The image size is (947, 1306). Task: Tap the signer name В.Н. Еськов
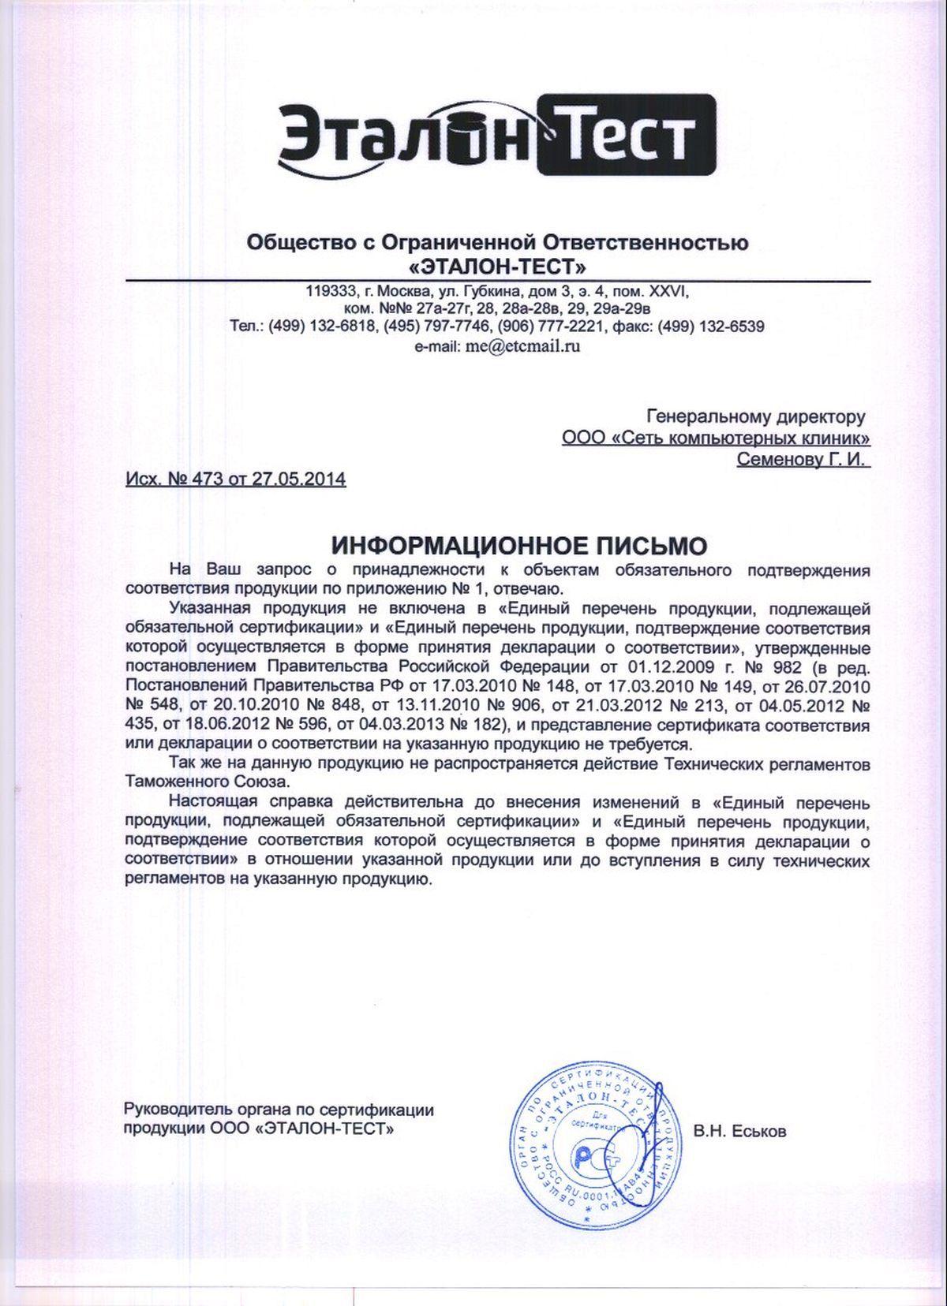(x=739, y=1132)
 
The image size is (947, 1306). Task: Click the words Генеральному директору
(x=756, y=416)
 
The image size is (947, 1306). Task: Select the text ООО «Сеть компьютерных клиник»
(x=717, y=437)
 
